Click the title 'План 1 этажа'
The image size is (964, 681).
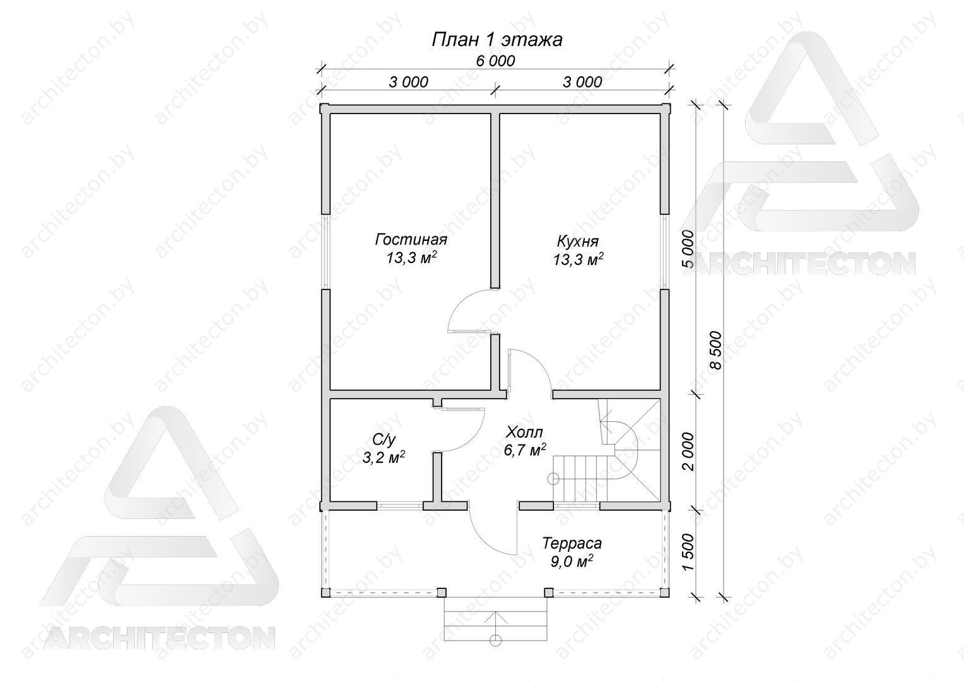[497, 40]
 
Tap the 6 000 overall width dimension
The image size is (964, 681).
[495, 61]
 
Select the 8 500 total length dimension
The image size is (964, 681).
[715, 350]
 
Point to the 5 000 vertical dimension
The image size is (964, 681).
[688, 249]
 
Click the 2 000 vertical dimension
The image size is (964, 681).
[688, 451]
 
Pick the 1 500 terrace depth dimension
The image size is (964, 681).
[688, 552]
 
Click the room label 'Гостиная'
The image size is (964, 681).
[411, 239]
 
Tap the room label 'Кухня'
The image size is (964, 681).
[577, 242]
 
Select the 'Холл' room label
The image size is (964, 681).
[525, 431]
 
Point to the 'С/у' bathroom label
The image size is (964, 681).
[383, 439]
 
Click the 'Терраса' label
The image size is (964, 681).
[572, 544]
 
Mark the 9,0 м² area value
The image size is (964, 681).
[572, 561]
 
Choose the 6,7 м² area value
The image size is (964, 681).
[525, 450]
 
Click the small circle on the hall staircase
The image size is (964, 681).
[553, 479]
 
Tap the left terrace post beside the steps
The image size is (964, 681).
[442, 592]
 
